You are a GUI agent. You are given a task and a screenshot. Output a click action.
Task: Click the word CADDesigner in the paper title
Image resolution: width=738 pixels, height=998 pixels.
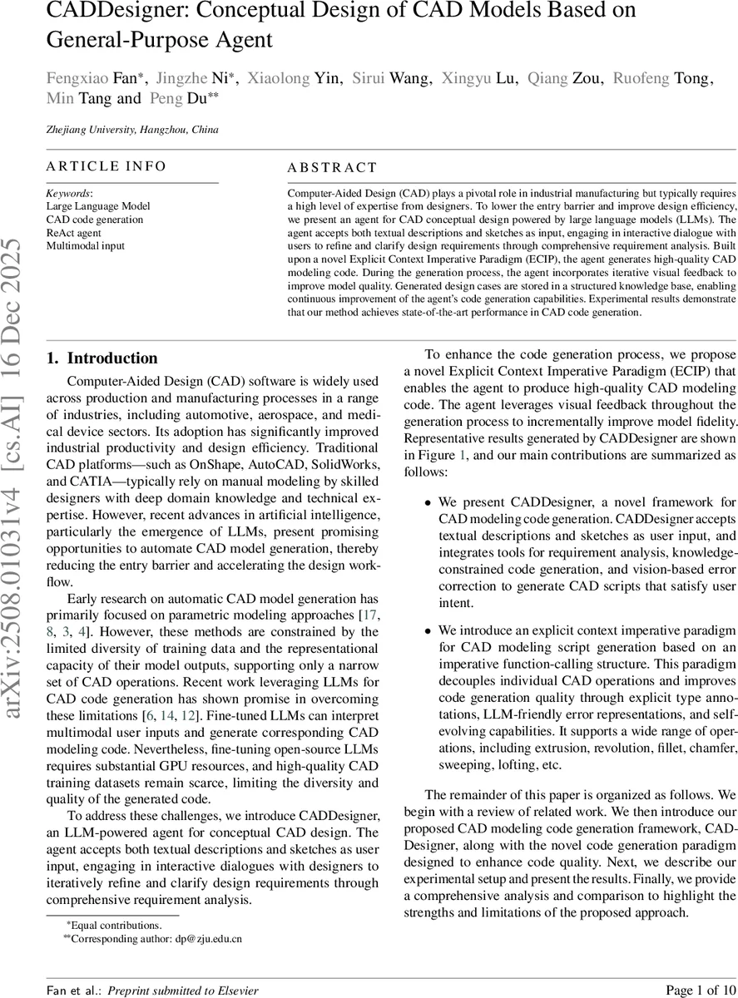point(116,12)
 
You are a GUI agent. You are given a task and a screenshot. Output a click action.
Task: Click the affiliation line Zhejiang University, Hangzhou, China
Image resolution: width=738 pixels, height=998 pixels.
point(132,130)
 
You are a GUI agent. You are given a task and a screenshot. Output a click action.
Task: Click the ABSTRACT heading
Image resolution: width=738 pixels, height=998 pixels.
point(331,167)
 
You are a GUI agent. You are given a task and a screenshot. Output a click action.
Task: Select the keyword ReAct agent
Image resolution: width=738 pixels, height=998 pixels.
point(73,233)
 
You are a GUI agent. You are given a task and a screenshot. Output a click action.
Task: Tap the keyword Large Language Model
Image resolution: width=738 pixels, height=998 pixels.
point(98,206)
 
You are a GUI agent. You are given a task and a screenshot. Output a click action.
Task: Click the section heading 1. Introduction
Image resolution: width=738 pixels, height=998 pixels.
point(102,358)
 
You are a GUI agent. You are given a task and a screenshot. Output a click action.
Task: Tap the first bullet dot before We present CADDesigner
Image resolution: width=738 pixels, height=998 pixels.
point(428,504)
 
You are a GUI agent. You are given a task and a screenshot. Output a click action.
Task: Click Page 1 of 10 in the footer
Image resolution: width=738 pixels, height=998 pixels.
point(701,990)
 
